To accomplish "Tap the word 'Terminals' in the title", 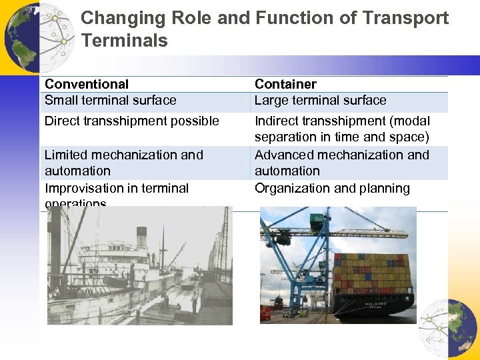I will pyautogui.click(x=125, y=41).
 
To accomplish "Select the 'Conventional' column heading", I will pyautogui.click(x=87, y=84).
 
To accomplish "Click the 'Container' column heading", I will pyautogui.click(x=285, y=84).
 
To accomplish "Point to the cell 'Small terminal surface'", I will pyautogui.click(x=111, y=101).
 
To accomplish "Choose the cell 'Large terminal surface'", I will pyautogui.click(x=320, y=101).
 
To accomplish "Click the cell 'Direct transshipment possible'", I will pyautogui.click(x=131, y=121).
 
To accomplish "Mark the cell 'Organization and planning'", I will pyautogui.click(x=332, y=189).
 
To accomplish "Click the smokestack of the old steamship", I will pyautogui.click(x=141, y=237).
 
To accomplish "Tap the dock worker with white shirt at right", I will pyautogui.click(x=194, y=301).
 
